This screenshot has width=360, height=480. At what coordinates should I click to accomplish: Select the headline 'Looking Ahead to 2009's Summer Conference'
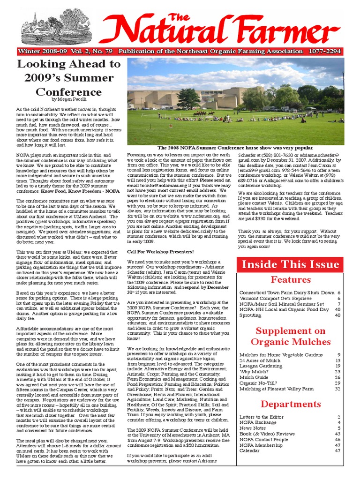pos(69,77)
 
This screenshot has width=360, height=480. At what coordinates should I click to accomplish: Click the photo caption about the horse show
pos(235,148)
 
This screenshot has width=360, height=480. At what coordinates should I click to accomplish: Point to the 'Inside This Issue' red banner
pos(290,264)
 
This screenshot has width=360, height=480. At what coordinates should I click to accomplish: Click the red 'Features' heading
pos(290,280)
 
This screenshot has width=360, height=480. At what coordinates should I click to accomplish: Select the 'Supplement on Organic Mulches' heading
pos(290,337)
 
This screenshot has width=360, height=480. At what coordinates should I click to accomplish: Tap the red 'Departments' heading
pos(290,404)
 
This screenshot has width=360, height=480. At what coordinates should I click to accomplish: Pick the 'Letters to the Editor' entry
pos(261,417)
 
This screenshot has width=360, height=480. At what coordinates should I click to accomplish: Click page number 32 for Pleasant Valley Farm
pos(337,389)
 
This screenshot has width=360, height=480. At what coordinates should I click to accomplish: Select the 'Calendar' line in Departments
pos(249,450)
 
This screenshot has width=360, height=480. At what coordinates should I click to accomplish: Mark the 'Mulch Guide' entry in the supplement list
pos(254,377)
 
